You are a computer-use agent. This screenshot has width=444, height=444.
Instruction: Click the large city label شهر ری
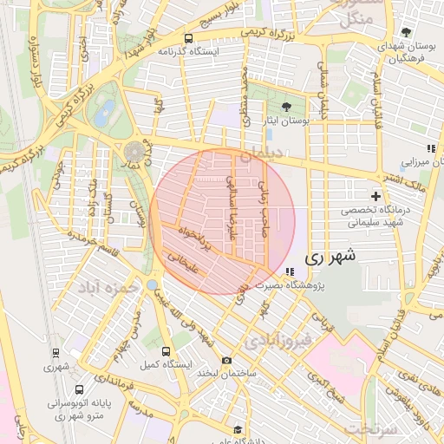pyautogui.click(x=330, y=257)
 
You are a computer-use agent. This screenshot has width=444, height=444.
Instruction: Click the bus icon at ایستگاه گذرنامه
pyautogui.click(x=189, y=38)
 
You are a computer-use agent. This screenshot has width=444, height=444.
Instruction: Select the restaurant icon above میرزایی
pyautogui.click(x=431, y=148)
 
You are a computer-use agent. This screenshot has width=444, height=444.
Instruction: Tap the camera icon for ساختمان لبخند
pyautogui.click(x=227, y=360)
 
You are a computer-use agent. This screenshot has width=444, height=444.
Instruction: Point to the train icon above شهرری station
pyautogui.click(x=56, y=353)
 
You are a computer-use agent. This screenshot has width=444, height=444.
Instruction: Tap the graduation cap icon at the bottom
pyautogui.click(x=238, y=429)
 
